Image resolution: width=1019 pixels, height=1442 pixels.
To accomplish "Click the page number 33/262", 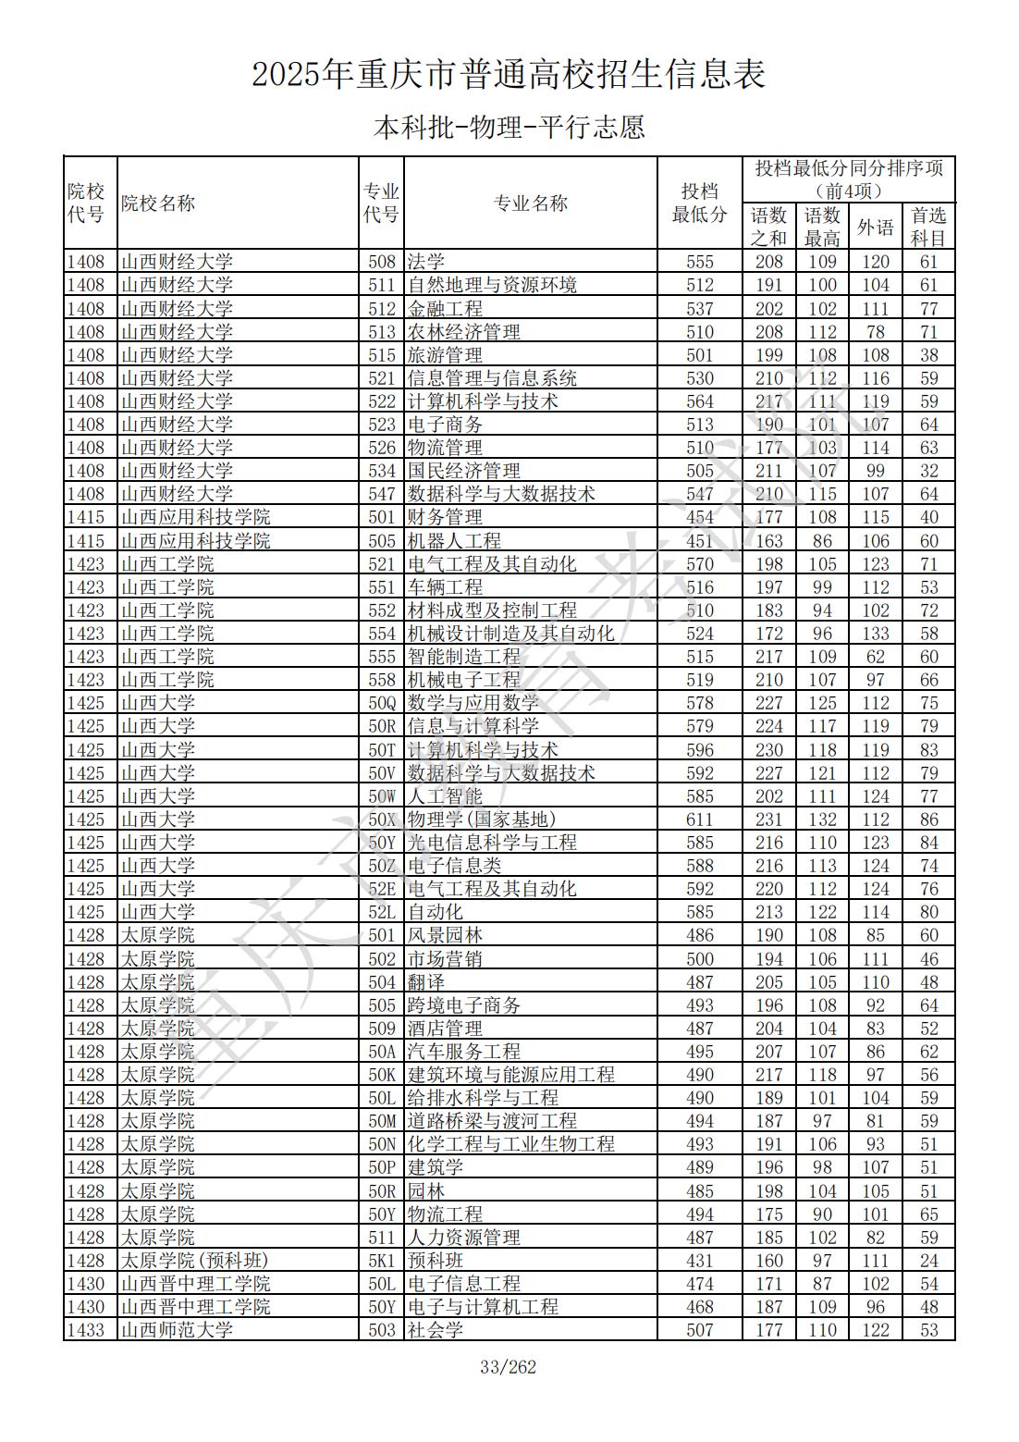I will (x=509, y=1367).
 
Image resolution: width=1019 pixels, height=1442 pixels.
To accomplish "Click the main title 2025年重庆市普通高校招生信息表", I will (x=509, y=75).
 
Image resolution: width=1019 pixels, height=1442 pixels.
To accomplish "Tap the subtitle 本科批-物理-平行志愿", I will (x=509, y=128).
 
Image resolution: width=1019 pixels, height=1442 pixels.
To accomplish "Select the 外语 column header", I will (x=875, y=227).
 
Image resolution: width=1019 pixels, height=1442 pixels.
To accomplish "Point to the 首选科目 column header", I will (x=928, y=227).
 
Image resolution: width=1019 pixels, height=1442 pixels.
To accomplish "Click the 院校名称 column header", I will (x=158, y=203).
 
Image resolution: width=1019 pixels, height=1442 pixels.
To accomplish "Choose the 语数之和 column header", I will (x=768, y=227).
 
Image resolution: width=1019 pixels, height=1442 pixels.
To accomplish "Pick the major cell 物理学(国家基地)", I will (x=482, y=820).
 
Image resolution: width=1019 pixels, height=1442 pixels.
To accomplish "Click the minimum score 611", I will (x=700, y=820).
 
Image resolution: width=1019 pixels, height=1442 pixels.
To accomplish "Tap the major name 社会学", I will (x=436, y=1330).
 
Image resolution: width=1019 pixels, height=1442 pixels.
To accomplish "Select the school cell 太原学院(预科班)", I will (x=194, y=1261).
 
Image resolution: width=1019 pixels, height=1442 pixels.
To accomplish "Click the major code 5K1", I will (x=382, y=1261).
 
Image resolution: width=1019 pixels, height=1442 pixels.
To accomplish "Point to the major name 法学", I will (x=426, y=262).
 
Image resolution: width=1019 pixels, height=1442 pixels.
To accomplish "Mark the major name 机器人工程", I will (x=454, y=541).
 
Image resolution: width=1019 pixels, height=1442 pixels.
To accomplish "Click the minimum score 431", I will (x=700, y=1261).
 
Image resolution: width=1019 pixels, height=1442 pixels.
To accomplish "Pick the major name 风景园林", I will (x=445, y=935).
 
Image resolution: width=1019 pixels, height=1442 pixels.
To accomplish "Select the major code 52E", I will (x=382, y=889).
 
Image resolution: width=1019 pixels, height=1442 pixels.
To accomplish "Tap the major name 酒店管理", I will (x=445, y=1029).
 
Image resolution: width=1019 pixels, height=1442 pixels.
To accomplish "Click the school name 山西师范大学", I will (x=177, y=1330).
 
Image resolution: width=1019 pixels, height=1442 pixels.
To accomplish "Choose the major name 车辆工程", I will (x=445, y=587).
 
